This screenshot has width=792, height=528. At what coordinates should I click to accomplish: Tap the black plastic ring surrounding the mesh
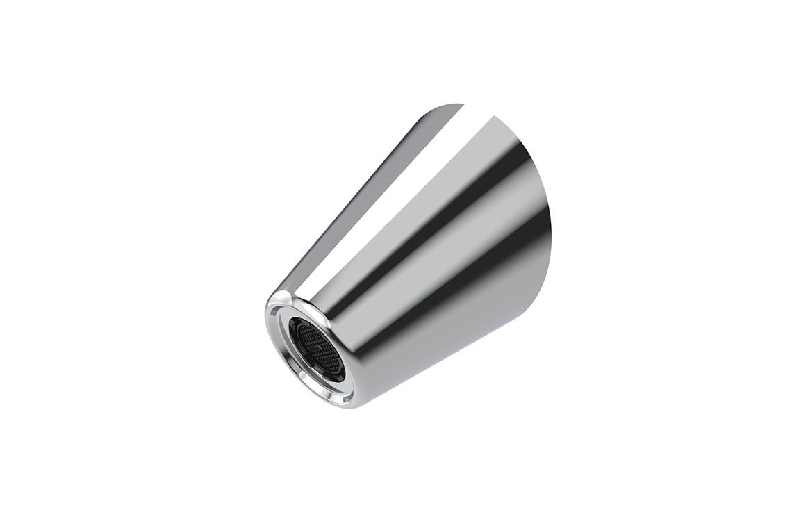pos(304,327)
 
